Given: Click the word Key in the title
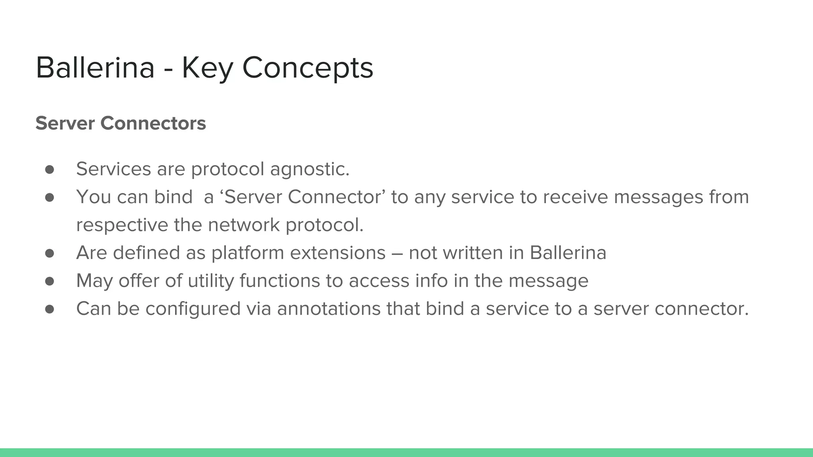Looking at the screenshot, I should coord(207,68).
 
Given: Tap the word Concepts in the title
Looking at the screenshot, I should coord(308,68).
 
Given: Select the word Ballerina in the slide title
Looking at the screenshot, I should coord(95,67).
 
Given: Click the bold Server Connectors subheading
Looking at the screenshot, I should coord(121,123).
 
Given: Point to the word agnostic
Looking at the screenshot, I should coord(310,169).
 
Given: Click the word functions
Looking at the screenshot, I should coord(279,280).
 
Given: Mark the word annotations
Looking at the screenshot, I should coord(329,309).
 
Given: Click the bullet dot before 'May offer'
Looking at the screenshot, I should coord(50,281).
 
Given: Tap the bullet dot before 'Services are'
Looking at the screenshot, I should coord(50,169).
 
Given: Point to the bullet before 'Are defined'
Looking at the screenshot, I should coord(50,253).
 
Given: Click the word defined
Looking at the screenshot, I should coord(146,253).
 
